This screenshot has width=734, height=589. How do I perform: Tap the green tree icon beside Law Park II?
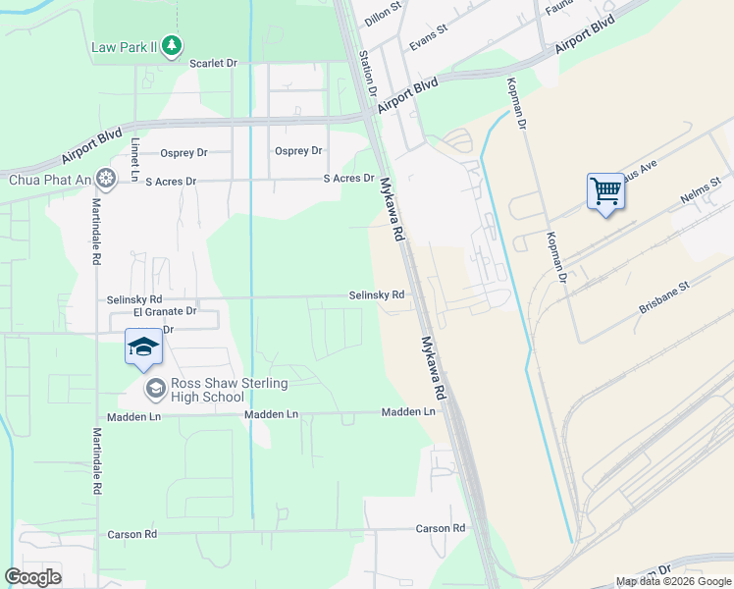pyautogui.click(x=173, y=45)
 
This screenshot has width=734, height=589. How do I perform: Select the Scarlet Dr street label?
pyautogui.click(x=214, y=63)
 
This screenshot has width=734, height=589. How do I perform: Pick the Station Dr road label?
pyautogui.click(x=369, y=74)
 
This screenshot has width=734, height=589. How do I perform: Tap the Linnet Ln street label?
pyautogui.click(x=135, y=157)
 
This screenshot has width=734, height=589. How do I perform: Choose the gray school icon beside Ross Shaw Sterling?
pyautogui.click(x=155, y=390)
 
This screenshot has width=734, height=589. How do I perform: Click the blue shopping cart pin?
pyautogui.click(x=605, y=191)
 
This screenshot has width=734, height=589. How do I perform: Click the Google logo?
pyautogui.click(x=32, y=576)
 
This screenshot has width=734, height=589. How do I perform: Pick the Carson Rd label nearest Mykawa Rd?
pyautogui.click(x=440, y=528)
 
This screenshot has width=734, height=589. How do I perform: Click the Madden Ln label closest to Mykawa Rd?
pyautogui.click(x=408, y=413)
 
